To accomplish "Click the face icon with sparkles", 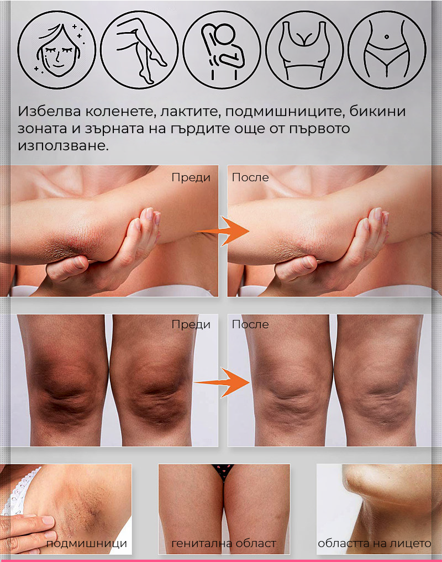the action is point(57,50).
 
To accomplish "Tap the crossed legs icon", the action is point(139,50).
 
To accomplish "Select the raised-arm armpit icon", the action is point(222,50).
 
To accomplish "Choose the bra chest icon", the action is point(304,50).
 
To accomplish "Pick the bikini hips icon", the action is point(387,50).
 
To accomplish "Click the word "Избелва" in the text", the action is point(50,112).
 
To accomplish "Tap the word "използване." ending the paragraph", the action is point(63,146).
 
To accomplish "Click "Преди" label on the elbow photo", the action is point(191,177).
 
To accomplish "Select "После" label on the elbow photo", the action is point(250,177).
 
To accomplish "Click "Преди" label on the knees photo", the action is point(191,324).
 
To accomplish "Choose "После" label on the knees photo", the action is point(250,324).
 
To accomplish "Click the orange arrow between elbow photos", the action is point(222,231).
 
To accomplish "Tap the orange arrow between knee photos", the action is point(222,382).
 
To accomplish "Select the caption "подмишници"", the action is point(86,543).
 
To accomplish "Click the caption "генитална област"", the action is point(224,543).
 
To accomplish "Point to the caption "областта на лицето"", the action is point(374,543).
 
